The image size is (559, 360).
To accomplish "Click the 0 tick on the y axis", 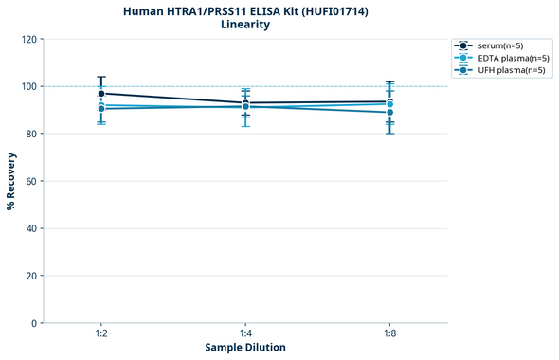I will pyautogui.click(x=34, y=323).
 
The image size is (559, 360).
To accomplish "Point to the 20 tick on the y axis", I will pyautogui.click(x=31, y=276).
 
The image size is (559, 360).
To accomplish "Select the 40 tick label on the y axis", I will pyautogui.click(x=31, y=228).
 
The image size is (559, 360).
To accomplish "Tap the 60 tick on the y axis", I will pyautogui.click(x=31, y=181).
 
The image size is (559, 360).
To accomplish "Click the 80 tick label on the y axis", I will pyautogui.click(x=31, y=134).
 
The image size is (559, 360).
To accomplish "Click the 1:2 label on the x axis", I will pyautogui.click(x=101, y=334).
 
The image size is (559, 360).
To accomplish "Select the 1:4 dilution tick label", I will pyautogui.click(x=245, y=334).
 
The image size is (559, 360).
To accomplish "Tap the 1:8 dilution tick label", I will pyautogui.click(x=389, y=334).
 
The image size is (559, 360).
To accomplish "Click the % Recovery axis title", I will pyautogui.click(x=11, y=181).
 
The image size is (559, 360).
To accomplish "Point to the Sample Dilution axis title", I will pyautogui.click(x=245, y=348).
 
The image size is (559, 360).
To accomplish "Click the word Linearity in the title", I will pyautogui.click(x=245, y=25).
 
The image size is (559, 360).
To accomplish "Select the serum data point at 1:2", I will pyautogui.click(x=101, y=94).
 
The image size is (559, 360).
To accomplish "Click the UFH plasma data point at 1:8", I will pyautogui.click(x=389, y=113).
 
